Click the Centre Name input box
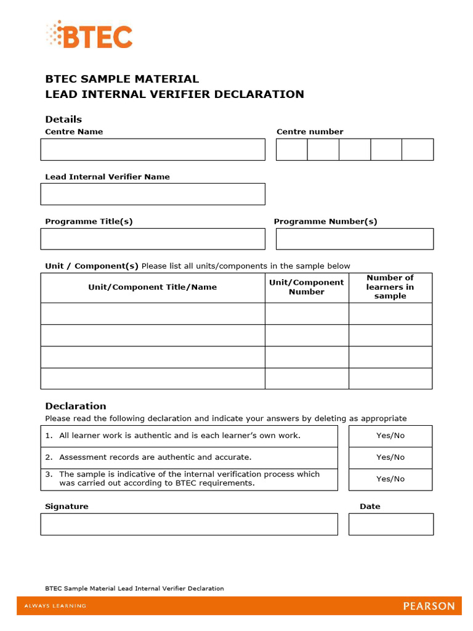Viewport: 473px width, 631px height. (x=153, y=150)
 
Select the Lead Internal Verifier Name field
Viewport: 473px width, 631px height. (x=153, y=194)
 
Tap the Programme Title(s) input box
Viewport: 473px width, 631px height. (x=153, y=239)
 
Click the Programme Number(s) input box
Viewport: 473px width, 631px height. (x=354, y=239)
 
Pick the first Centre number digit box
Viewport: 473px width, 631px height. (x=291, y=150)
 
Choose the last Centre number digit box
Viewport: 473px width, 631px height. (x=418, y=150)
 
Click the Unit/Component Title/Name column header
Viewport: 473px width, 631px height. (x=153, y=287)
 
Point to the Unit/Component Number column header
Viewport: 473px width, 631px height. (x=307, y=287)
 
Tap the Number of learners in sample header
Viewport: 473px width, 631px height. (x=390, y=287)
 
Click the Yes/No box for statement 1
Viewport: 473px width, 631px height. (x=390, y=436)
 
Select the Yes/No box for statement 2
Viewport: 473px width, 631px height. (x=390, y=457)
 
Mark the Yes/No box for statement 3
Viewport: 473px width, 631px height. (x=390, y=479)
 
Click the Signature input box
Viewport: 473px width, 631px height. (x=189, y=524)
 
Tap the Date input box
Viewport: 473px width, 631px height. (x=390, y=524)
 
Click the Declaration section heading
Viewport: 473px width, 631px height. (x=76, y=406)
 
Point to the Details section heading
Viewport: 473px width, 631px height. (x=63, y=120)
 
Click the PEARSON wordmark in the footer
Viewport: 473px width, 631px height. (x=429, y=606)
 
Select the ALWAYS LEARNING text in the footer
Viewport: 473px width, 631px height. (x=55, y=606)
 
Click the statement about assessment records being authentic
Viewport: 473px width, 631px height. (x=155, y=457)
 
